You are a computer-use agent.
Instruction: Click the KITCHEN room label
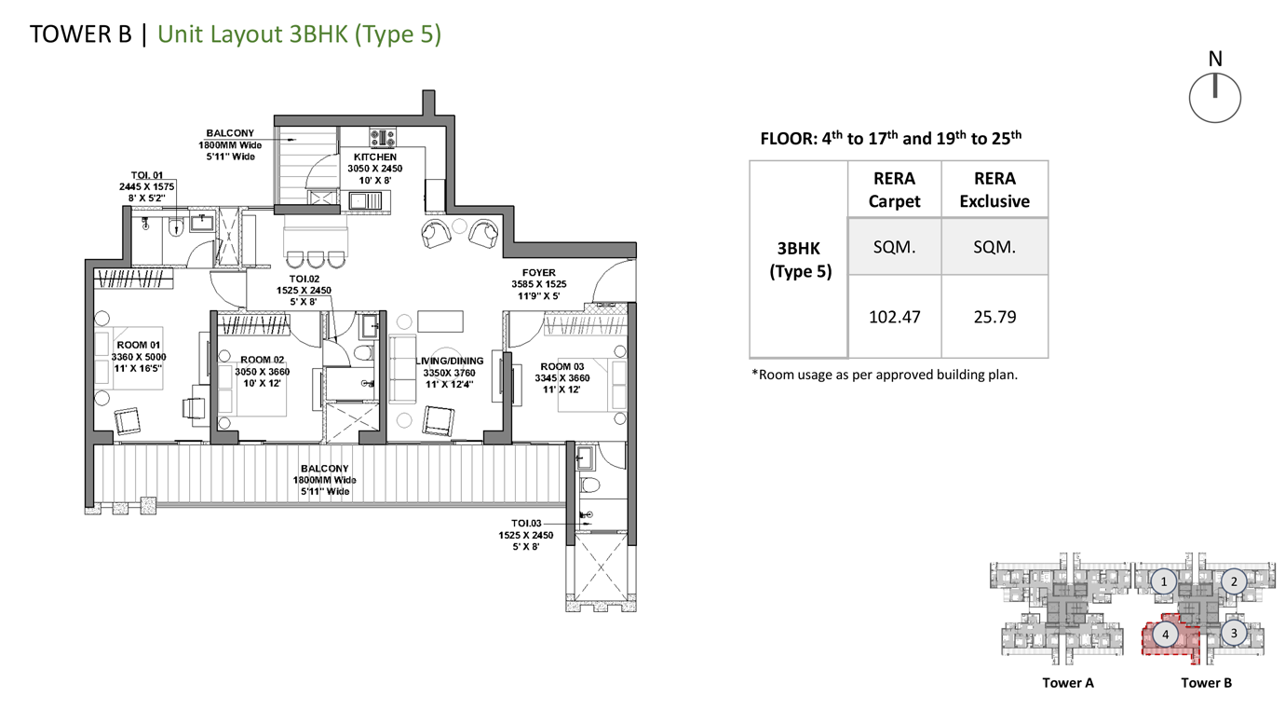(x=375, y=157)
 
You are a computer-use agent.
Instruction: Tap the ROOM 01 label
(x=138, y=345)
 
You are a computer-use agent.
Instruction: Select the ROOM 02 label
(x=263, y=360)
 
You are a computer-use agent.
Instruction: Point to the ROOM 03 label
(x=562, y=366)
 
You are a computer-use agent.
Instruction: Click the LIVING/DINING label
(x=449, y=362)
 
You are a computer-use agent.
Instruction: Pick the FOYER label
(x=538, y=273)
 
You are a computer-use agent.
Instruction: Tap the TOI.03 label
(x=526, y=524)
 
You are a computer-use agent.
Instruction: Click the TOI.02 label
(x=304, y=279)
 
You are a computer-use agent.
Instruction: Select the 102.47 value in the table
(x=894, y=317)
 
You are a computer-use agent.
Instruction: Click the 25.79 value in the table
(x=994, y=317)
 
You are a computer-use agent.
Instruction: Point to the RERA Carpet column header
(x=894, y=189)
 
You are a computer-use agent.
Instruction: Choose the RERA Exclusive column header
(x=994, y=189)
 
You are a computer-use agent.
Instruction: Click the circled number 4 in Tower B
(x=1165, y=635)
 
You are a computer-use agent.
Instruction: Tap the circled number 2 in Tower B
(x=1234, y=582)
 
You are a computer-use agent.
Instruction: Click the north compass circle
(x=1215, y=122)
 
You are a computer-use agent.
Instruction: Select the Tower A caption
(x=1068, y=683)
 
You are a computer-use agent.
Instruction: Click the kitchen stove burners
(x=383, y=137)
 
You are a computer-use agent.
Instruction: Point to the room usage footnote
(x=884, y=375)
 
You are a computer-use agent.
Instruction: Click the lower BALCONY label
(x=325, y=469)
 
